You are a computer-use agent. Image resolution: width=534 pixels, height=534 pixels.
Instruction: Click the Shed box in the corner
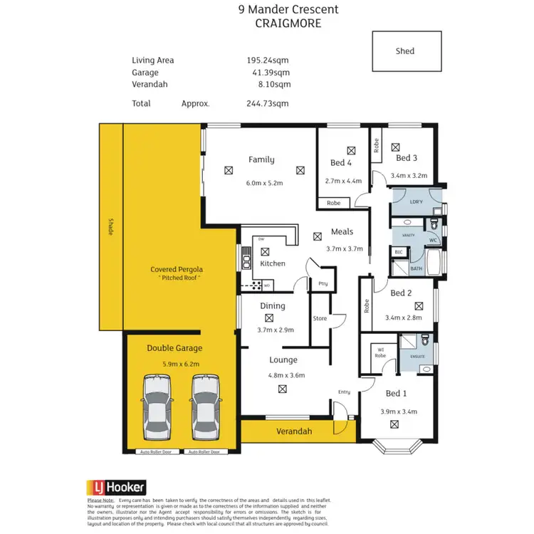click(405, 51)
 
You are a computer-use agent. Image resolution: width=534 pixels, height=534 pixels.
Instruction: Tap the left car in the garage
click(158, 408)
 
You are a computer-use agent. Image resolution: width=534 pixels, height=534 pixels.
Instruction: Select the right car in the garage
click(205, 408)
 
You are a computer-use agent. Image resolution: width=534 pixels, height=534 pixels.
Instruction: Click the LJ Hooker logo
click(116, 487)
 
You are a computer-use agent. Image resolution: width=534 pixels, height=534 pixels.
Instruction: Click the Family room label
click(261, 159)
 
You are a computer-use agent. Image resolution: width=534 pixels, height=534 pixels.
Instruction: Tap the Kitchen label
click(272, 263)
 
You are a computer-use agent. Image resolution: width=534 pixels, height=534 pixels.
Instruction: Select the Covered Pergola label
click(177, 270)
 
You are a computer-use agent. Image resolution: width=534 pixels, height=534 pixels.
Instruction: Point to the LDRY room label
click(417, 202)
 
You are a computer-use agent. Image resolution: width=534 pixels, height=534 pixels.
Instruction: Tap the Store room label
click(320, 318)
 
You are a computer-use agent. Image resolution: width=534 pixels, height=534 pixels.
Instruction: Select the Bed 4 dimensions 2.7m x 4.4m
click(341, 182)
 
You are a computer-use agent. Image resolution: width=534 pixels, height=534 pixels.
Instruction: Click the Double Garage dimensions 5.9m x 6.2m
click(174, 363)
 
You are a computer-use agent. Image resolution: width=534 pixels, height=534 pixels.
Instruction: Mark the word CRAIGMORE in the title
click(288, 23)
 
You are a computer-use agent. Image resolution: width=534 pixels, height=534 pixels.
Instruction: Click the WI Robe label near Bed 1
click(381, 353)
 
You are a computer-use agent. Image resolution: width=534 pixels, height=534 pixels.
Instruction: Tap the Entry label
click(345, 392)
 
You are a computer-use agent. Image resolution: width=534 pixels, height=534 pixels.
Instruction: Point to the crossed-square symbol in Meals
click(318, 236)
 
